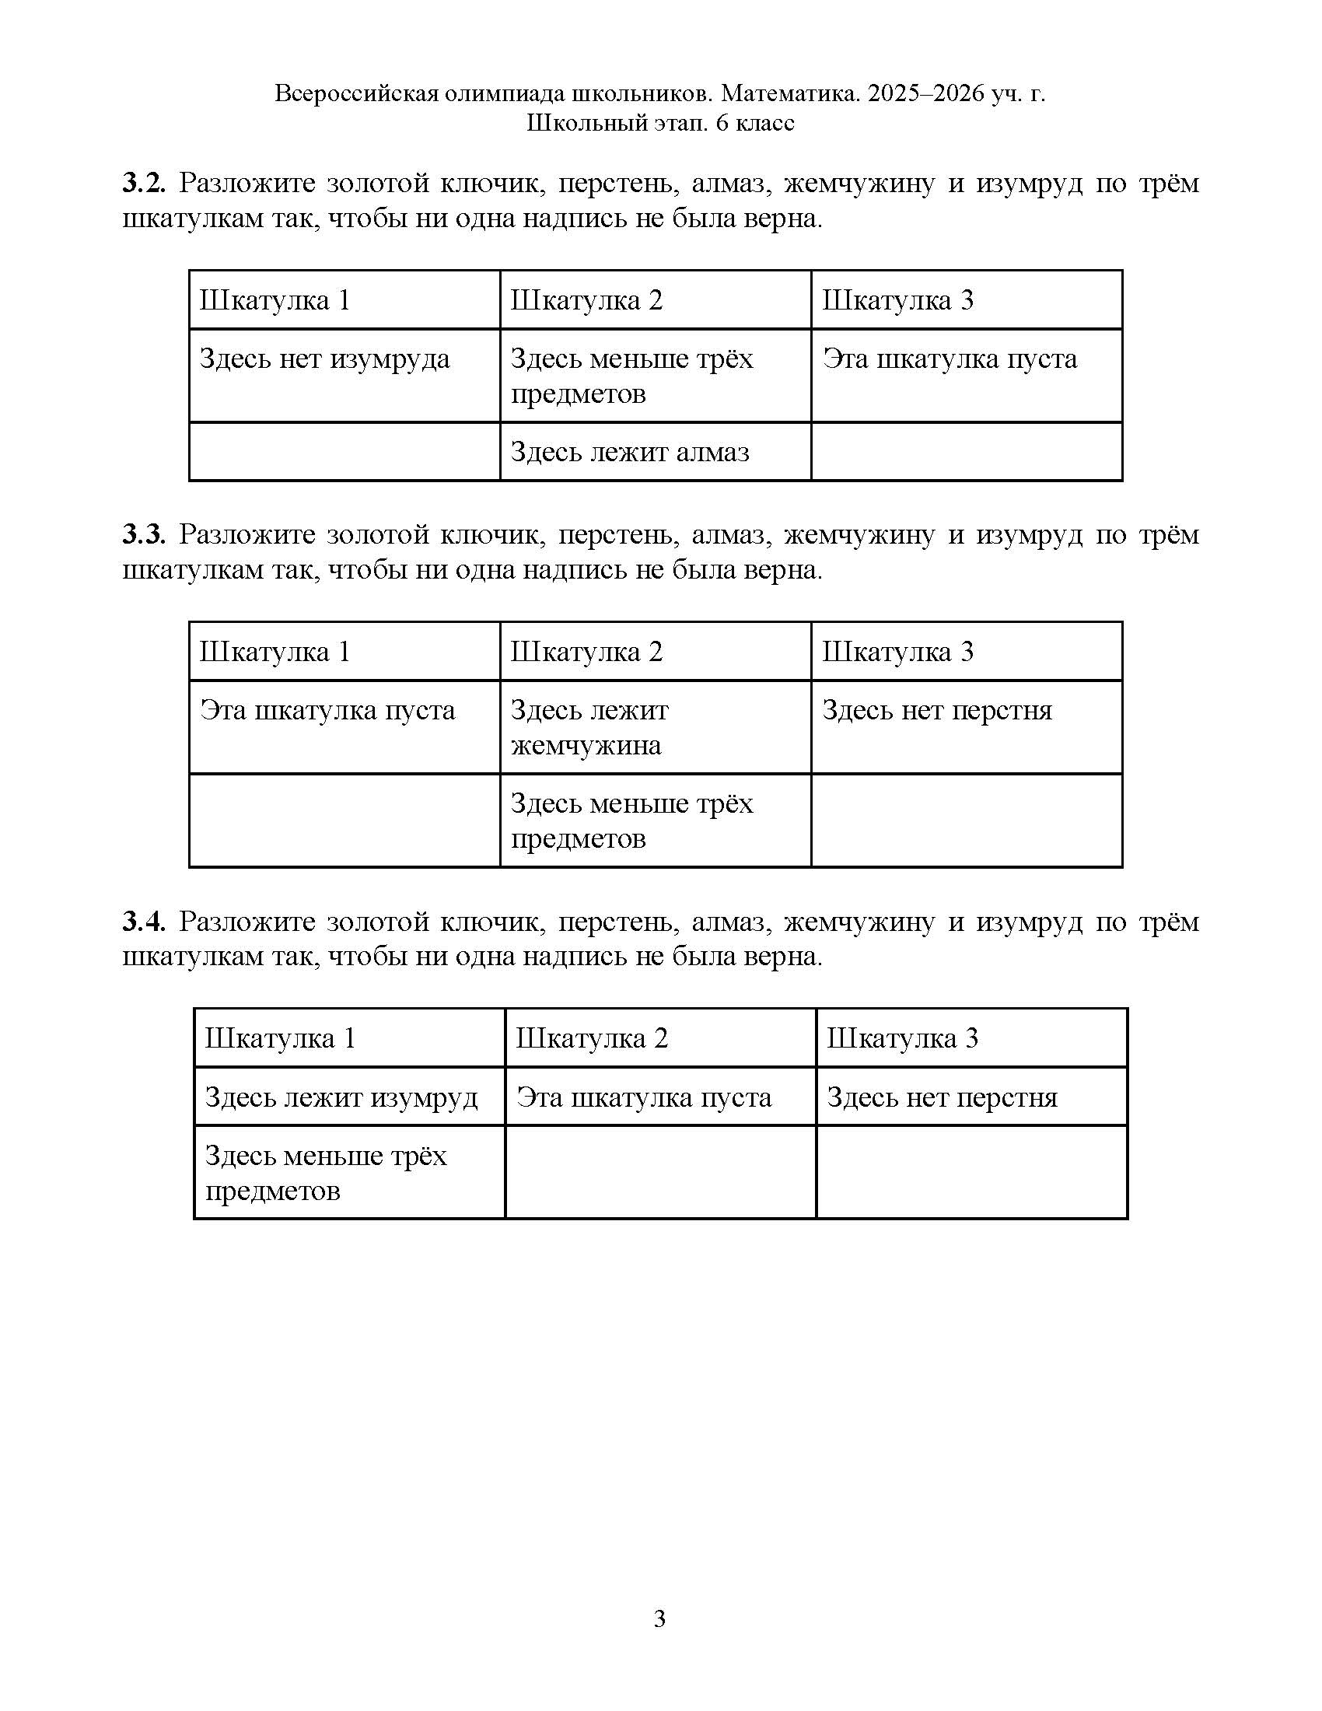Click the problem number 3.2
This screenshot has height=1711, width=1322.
(143, 184)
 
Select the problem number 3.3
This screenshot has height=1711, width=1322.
(143, 536)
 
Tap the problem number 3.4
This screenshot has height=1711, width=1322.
(143, 922)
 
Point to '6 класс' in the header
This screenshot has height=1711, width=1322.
(755, 124)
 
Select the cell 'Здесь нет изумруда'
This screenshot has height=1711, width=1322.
(325, 359)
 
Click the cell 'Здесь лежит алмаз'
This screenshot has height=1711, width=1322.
(630, 452)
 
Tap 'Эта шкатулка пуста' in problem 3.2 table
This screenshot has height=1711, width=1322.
(950, 359)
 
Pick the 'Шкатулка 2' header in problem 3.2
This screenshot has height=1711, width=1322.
(586, 300)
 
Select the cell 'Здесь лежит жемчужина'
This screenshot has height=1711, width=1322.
(589, 728)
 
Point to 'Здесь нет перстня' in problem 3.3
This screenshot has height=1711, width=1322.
(937, 711)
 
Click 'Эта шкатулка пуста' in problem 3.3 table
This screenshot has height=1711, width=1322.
(327, 711)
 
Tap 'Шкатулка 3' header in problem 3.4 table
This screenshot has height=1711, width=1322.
(902, 1038)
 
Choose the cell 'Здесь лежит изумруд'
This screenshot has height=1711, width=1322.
(341, 1097)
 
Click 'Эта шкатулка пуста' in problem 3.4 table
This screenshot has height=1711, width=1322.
(644, 1097)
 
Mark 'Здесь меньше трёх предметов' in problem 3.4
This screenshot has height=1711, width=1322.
(326, 1173)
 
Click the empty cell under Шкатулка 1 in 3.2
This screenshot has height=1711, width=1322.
(344, 452)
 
